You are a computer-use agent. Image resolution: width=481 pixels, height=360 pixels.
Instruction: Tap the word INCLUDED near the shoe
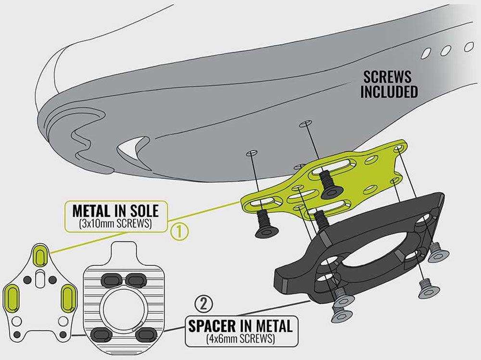tap(389, 92)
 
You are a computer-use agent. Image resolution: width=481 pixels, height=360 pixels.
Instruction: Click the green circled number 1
tap(179, 232)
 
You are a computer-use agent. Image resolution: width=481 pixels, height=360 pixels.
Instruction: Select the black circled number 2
tap(203, 304)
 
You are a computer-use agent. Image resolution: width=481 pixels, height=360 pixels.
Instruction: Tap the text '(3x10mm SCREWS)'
tap(115, 223)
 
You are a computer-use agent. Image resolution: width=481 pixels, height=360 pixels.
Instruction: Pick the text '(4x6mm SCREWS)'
tap(240, 339)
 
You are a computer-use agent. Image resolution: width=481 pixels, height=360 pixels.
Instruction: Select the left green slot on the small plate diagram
tap(13, 297)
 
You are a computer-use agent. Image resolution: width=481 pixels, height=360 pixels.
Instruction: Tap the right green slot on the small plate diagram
tap(69, 297)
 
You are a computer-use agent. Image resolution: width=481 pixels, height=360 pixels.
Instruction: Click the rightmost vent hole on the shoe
tap(468, 47)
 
